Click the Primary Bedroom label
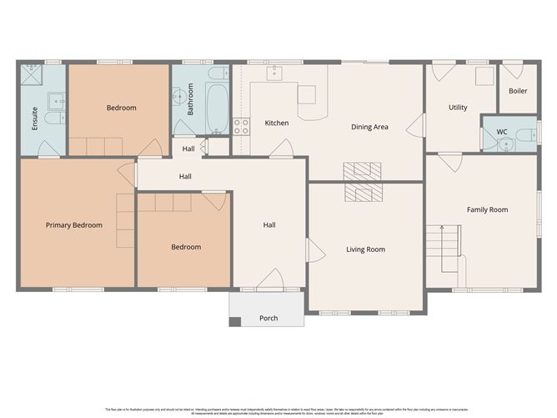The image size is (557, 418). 74,225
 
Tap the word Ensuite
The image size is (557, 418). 35,119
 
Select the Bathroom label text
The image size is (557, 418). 191,98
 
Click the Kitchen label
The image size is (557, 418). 277,123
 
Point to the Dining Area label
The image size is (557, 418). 369,127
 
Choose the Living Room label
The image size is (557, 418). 365,249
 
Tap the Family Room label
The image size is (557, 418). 487,209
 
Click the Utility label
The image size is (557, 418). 458,108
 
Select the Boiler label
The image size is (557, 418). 518,91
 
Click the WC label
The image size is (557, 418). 502,132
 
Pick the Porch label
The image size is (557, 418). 268,319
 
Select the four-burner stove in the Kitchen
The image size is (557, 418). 241,127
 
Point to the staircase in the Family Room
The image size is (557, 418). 444,247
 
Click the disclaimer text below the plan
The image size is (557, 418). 278,410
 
